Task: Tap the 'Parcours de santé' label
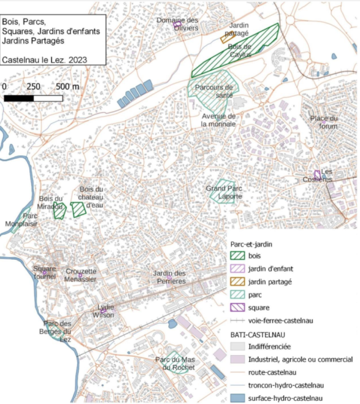(214, 91)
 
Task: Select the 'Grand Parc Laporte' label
(224, 192)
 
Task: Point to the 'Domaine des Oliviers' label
(178, 24)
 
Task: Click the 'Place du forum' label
(324, 122)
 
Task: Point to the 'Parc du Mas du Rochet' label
(175, 364)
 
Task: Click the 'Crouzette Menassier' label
(81, 275)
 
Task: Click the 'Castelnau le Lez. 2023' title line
(44, 59)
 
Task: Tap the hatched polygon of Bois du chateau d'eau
(79, 210)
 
